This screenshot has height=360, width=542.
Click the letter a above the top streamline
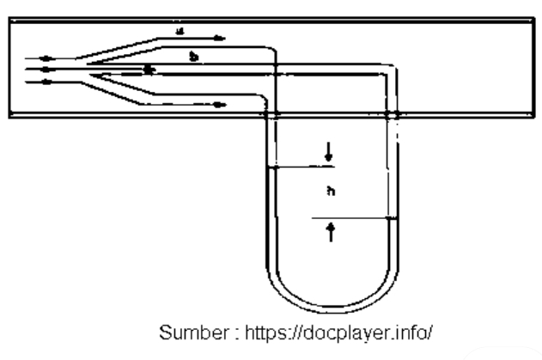[179, 30]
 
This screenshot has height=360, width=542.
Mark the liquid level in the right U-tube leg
[393, 218]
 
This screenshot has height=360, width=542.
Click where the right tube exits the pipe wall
[393, 113]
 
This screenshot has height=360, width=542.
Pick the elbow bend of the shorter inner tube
[271, 53]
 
